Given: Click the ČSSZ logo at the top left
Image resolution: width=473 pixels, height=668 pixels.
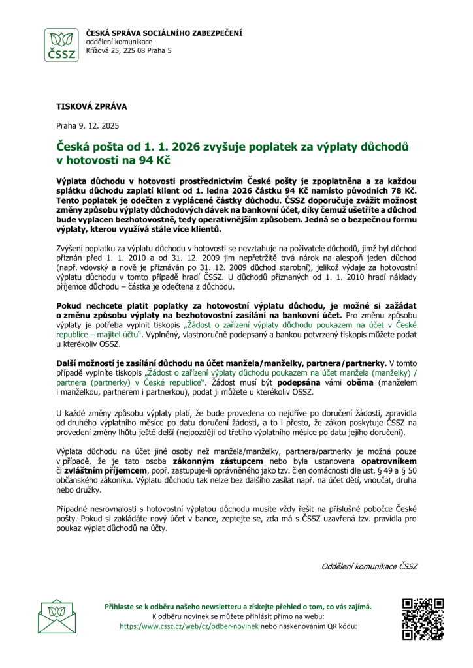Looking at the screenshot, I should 62,45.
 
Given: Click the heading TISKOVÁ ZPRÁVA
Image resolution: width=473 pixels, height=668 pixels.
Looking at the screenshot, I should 91,106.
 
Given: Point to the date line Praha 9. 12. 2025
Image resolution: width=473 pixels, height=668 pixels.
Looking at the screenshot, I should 87,125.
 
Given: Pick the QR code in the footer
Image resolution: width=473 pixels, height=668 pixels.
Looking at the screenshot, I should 423,619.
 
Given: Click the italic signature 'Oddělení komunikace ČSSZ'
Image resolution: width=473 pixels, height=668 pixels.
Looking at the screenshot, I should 369,566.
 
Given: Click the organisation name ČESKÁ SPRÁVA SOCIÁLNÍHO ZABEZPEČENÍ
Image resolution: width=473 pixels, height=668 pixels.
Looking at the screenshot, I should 164,33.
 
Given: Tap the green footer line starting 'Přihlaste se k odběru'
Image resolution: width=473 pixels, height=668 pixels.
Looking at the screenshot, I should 238,607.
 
